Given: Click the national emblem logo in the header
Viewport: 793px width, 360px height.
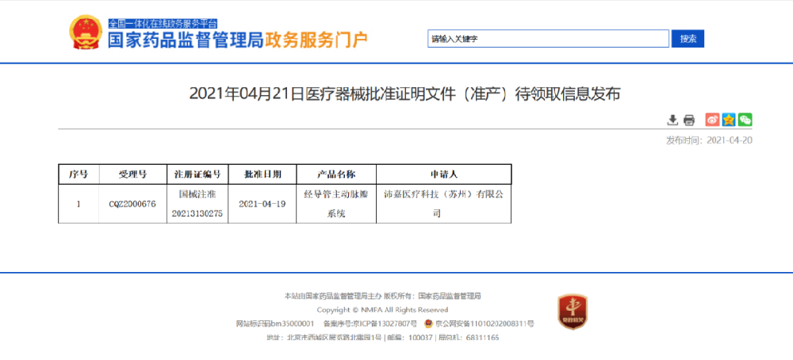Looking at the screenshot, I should coord(86,34).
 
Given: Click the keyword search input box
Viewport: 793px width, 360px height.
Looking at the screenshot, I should coord(548,39).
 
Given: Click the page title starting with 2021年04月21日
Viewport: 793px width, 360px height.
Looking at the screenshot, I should coord(404,94).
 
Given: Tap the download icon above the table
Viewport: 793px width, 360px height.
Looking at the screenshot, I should coord(672,120).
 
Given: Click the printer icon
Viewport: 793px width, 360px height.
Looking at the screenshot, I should coord(689,120).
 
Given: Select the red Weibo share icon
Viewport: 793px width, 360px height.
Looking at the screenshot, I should coord(712,120).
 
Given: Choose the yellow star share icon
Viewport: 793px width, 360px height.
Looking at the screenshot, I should coord(729,120).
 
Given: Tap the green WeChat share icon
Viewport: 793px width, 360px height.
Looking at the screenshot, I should coord(745,120).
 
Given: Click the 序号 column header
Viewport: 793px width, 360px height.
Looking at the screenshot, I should coord(79,174).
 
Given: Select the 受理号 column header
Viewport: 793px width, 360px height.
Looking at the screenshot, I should coord(132,174).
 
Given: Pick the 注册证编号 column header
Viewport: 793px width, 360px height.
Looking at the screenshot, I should coord(197,174).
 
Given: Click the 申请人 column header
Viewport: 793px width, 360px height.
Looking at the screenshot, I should coord(443,174).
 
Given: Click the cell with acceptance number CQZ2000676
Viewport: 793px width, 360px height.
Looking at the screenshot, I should coord(132,204).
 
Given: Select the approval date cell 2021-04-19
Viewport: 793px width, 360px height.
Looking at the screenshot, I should coord(262,204).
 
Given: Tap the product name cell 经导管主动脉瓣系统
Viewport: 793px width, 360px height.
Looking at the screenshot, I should coord(335,204).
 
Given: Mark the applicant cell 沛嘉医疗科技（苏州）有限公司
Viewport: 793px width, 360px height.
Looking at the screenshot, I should coord(443,204).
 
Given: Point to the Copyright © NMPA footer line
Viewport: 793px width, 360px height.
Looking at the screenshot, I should coord(382,310).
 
